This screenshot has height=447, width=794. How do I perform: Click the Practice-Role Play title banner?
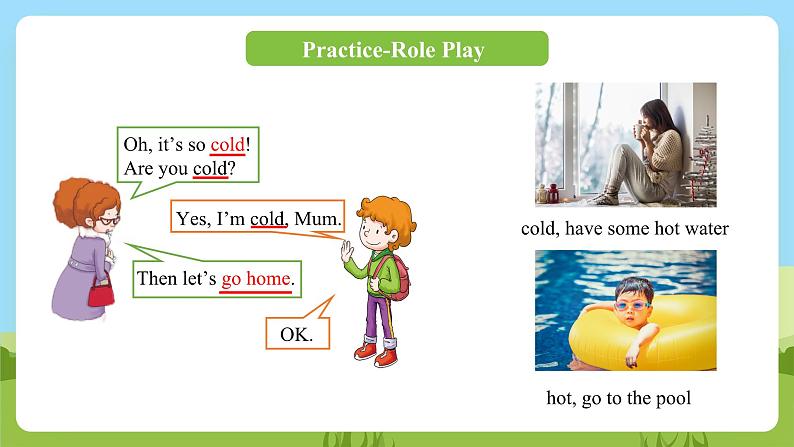[x=396, y=49]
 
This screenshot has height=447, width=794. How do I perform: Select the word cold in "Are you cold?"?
[x=210, y=169]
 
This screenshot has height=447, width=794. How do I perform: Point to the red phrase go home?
[x=256, y=279]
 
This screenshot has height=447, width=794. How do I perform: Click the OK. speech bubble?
[x=297, y=334]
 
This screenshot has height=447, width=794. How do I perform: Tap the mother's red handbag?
[x=101, y=291]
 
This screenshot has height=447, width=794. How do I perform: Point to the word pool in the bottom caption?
[x=670, y=398]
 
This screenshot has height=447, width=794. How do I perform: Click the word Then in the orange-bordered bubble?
[x=158, y=279]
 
